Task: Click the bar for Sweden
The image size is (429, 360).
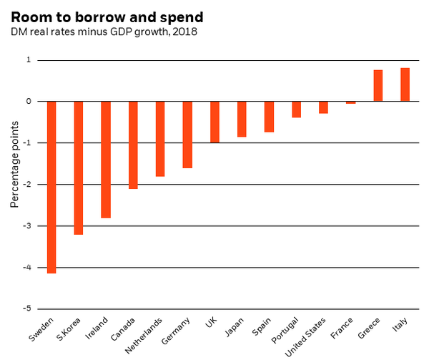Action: click(51, 188)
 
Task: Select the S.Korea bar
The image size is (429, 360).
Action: click(79, 167)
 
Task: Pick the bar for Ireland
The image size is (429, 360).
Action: click(106, 160)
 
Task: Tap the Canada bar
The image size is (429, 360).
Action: click(133, 145)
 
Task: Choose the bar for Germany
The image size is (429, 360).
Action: click(187, 135)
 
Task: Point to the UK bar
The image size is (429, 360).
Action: click(214, 122)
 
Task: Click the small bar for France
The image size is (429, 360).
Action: click(351, 102)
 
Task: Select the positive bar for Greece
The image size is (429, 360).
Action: click(378, 86)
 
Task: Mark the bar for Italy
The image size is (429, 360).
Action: click(405, 84)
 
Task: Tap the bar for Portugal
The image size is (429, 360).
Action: click(296, 110)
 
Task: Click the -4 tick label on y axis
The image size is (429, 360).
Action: click(27, 268)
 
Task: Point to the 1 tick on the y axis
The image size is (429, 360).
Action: click(29, 59)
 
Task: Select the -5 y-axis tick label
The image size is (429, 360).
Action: click(27, 308)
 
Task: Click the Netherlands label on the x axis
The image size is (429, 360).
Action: click(144, 336)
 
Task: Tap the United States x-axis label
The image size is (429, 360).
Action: click(305, 337)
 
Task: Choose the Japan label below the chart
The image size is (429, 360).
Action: click(234, 327)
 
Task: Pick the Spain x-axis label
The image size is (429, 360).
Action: click(262, 326)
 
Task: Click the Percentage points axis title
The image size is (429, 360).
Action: click(14, 165)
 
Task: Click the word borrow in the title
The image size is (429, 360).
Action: click(101, 17)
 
